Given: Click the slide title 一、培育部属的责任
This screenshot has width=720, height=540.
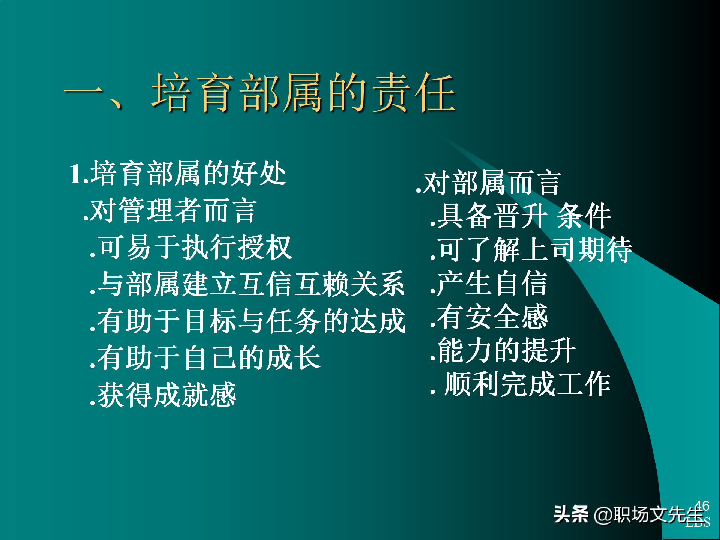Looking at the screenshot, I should (x=259, y=93).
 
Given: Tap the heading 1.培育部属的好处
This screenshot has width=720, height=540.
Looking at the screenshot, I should (x=178, y=173).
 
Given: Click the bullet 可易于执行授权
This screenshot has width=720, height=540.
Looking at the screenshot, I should (x=191, y=247).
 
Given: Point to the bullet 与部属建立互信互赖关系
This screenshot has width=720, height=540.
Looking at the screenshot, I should (x=247, y=284).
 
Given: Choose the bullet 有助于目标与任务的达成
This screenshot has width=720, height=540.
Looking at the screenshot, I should (x=247, y=321).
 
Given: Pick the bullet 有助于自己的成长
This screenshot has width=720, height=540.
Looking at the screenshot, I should (x=205, y=357).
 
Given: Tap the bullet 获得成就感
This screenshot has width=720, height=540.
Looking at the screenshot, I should (x=163, y=394).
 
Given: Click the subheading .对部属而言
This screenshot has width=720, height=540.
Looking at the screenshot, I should (x=488, y=183).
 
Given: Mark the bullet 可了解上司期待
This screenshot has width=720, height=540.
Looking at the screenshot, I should (x=531, y=249).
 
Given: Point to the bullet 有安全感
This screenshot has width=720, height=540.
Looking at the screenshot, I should (x=489, y=317).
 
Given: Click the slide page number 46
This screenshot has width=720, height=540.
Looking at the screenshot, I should (x=702, y=505).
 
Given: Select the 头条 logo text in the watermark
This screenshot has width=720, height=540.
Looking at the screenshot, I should (x=571, y=514).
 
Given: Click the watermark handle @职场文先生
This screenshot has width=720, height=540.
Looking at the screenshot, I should (x=649, y=514).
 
